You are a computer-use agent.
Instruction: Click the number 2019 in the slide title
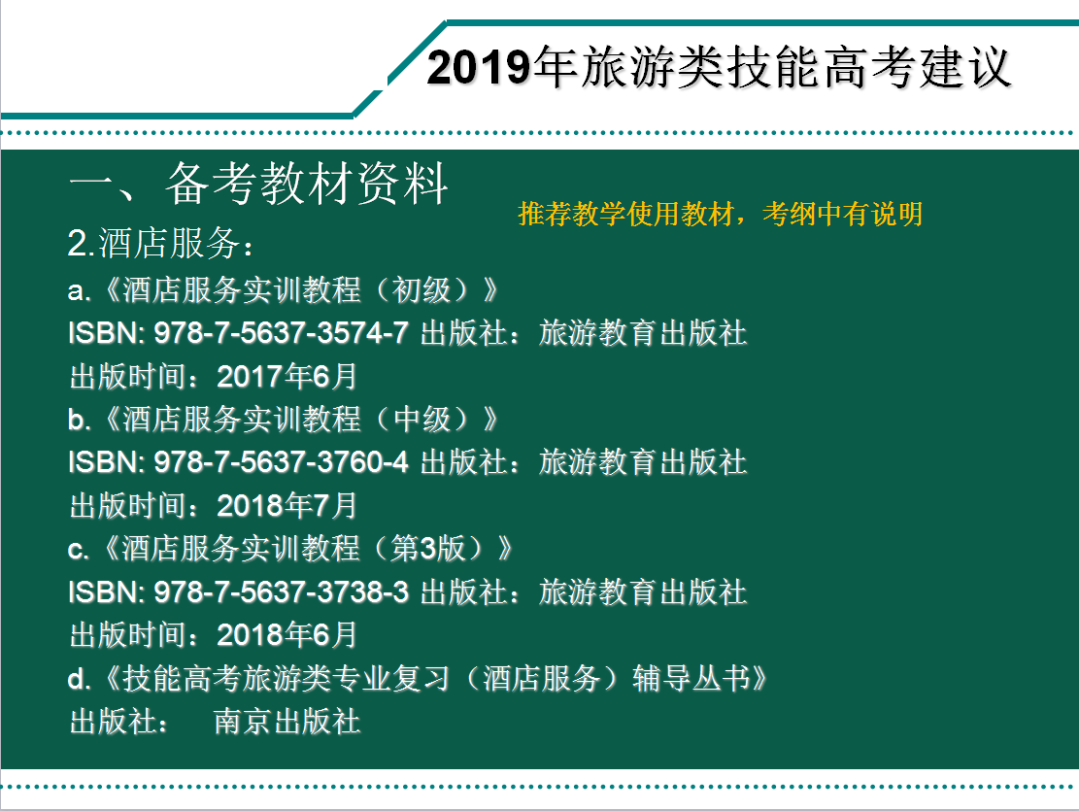pyautogui.click(x=480, y=67)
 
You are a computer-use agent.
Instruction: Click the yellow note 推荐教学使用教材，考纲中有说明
pyautogui.click(x=720, y=214)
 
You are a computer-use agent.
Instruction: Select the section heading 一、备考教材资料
pyautogui.click(x=258, y=184)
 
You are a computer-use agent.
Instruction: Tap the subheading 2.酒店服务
pyautogui.click(x=160, y=243)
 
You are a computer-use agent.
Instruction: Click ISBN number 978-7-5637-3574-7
pyautogui.click(x=281, y=333)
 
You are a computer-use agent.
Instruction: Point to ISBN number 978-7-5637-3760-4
pyautogui.click(x=281, y=462)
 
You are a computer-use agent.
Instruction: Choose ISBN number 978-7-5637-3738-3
pyautogui.click(x=281, y=592)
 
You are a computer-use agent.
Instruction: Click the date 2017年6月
pyautogui.click(x=287, y=377)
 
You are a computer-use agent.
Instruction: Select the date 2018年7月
pyautogui.click(x=287, y=506)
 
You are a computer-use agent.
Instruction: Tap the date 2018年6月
pyautogui.click(x=287, y=635)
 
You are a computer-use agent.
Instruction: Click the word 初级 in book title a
pyautogui.click(x=421, y=289)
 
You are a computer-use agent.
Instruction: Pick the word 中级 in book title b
pyautogui.click(x=421, y=420)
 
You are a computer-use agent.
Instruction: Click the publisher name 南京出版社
pyautogui.click(x=287, y=723)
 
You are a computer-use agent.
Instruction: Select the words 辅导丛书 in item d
pyautogui.click(x=691, y=678)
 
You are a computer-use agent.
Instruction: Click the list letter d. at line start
pyautogui.click(x=79, y=678)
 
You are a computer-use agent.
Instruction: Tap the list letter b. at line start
pyautogui.click(x=79, y=420)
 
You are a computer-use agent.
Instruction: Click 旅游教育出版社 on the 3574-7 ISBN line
pyautogui.click(x=643, y=333)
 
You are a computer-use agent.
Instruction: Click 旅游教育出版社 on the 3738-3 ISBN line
pyautogui.click(x=643, y=592)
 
